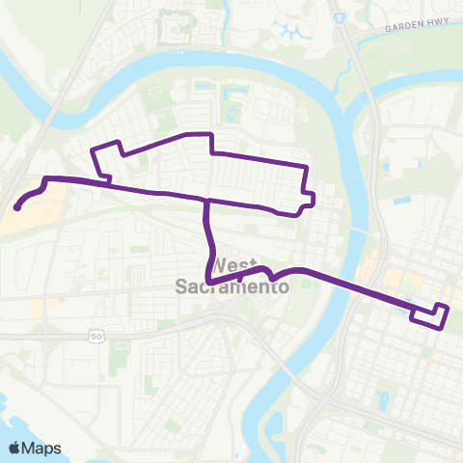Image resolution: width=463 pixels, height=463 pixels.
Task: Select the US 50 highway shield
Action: [x=95, y=336]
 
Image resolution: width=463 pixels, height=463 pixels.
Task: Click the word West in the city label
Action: [x=236, y=265]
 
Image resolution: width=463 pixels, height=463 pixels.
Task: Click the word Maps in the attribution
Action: [x=43, y=448]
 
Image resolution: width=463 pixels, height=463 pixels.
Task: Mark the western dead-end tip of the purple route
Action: [x=17, y=206]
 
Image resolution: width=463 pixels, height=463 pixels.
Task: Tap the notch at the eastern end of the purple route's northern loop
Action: [x=309, y=201]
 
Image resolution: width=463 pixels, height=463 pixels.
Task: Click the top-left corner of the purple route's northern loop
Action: [x=93, y=150]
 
